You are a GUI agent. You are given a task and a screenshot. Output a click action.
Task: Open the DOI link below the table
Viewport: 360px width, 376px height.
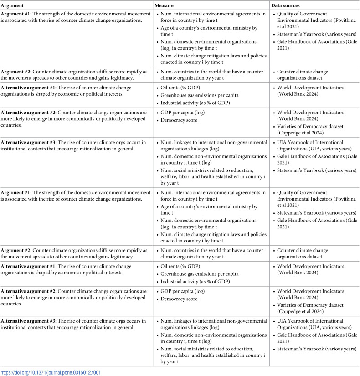(x=51, y=372)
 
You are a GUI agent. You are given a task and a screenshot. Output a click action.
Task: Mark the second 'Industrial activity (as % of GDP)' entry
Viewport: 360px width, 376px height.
(x=196, y=282)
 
